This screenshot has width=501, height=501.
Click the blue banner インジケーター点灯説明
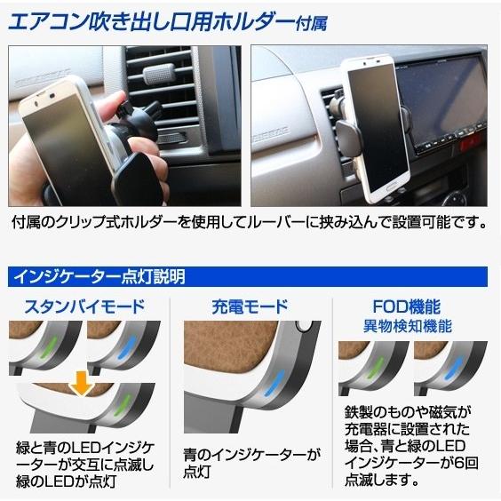pyautogui.click(x=98, y=275)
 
